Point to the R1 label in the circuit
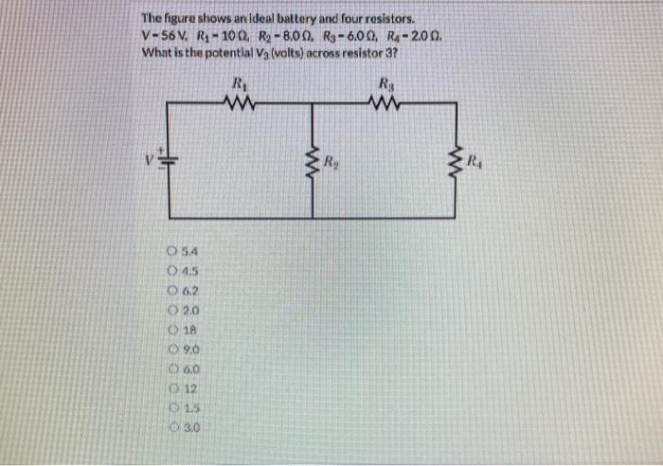click(x=239, y=81)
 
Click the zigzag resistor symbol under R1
click(x=239, y=99)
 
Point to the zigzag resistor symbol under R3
click(x=386, y=99)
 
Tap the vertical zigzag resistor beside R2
click(x=312, y=158)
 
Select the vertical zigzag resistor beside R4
click(x=460, y=158)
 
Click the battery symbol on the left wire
click(x=168, y=156)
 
